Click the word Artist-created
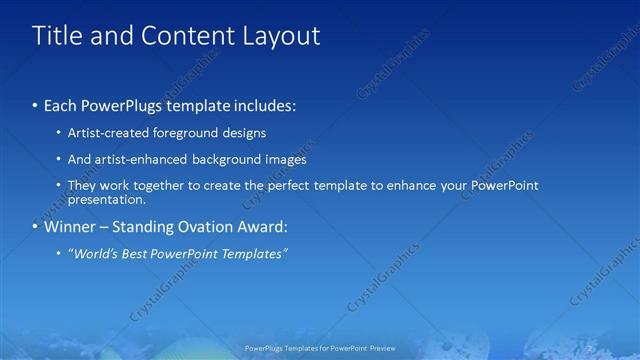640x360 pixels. [104, 133]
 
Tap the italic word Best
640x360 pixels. [136, 254]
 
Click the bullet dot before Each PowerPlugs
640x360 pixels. [36, 105]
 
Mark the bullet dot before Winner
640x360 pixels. [36, 227]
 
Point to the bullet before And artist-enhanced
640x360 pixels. [58, 160]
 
